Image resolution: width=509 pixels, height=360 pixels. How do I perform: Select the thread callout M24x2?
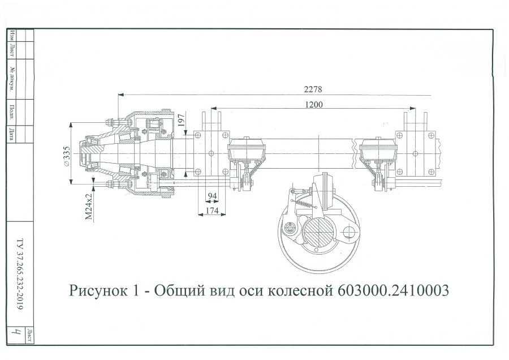click(x=89, y=207)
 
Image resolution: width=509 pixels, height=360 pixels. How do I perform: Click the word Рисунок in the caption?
click(x=98, y=291)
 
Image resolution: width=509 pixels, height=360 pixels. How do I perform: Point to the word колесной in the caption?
click(x=299, y=291)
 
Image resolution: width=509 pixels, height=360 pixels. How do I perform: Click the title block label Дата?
click(x=12, y=134)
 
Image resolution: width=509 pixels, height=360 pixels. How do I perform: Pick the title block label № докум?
click(x=12, y=79)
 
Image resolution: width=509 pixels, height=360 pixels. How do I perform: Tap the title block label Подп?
click(x=12, y=109)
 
